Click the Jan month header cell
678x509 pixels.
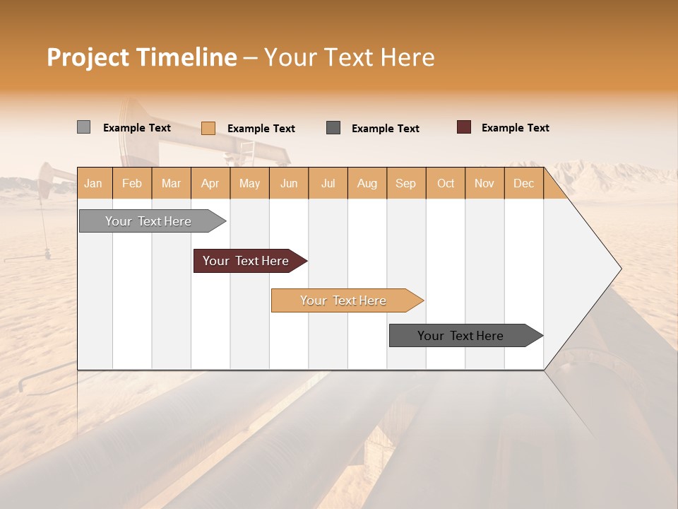coord(94,183)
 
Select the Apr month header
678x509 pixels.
coord(210,183)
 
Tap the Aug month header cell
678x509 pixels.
coord(367,183)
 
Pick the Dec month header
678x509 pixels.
coord(523,183)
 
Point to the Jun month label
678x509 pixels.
coord(289,183)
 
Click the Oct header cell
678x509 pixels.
coord(446,183)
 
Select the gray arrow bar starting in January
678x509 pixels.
coord(148,221)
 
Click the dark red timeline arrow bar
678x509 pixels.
coord(246,261)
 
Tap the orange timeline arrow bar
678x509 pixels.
coord(343,300)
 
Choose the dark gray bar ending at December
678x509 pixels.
coord(460,336)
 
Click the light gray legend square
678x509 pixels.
coord(83,127)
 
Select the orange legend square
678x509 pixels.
coord(208,128)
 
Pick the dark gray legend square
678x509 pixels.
coord(333,128)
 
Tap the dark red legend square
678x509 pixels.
coord(463,127)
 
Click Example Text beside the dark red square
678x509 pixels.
coord(515,127)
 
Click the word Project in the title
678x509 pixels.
coord(88,57)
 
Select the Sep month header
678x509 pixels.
coord(405,183)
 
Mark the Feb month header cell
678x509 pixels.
coord(132,183)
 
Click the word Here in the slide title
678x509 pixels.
coord(408,57)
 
